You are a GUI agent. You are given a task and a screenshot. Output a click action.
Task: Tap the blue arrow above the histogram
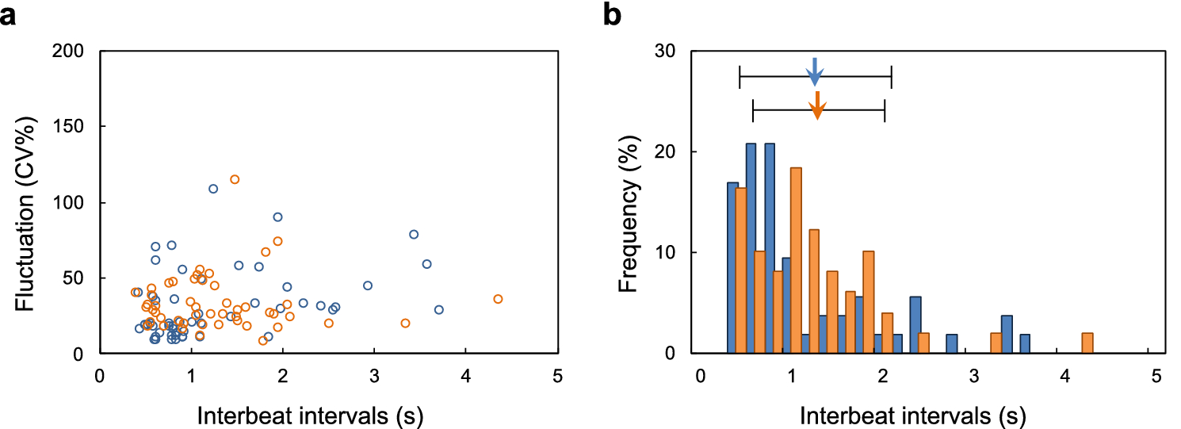pos(814,72)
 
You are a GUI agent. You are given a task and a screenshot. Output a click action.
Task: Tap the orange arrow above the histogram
pos(817,105)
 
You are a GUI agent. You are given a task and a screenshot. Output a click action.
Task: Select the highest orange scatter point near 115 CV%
pos(235,179)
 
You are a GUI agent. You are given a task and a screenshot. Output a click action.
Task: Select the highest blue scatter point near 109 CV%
pos(213,189)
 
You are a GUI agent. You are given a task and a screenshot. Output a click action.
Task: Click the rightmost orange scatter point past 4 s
pos(498,299)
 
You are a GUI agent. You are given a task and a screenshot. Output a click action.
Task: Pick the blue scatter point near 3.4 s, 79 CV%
pos(414,234)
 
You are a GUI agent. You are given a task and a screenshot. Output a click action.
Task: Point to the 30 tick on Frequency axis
pos(671,51)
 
